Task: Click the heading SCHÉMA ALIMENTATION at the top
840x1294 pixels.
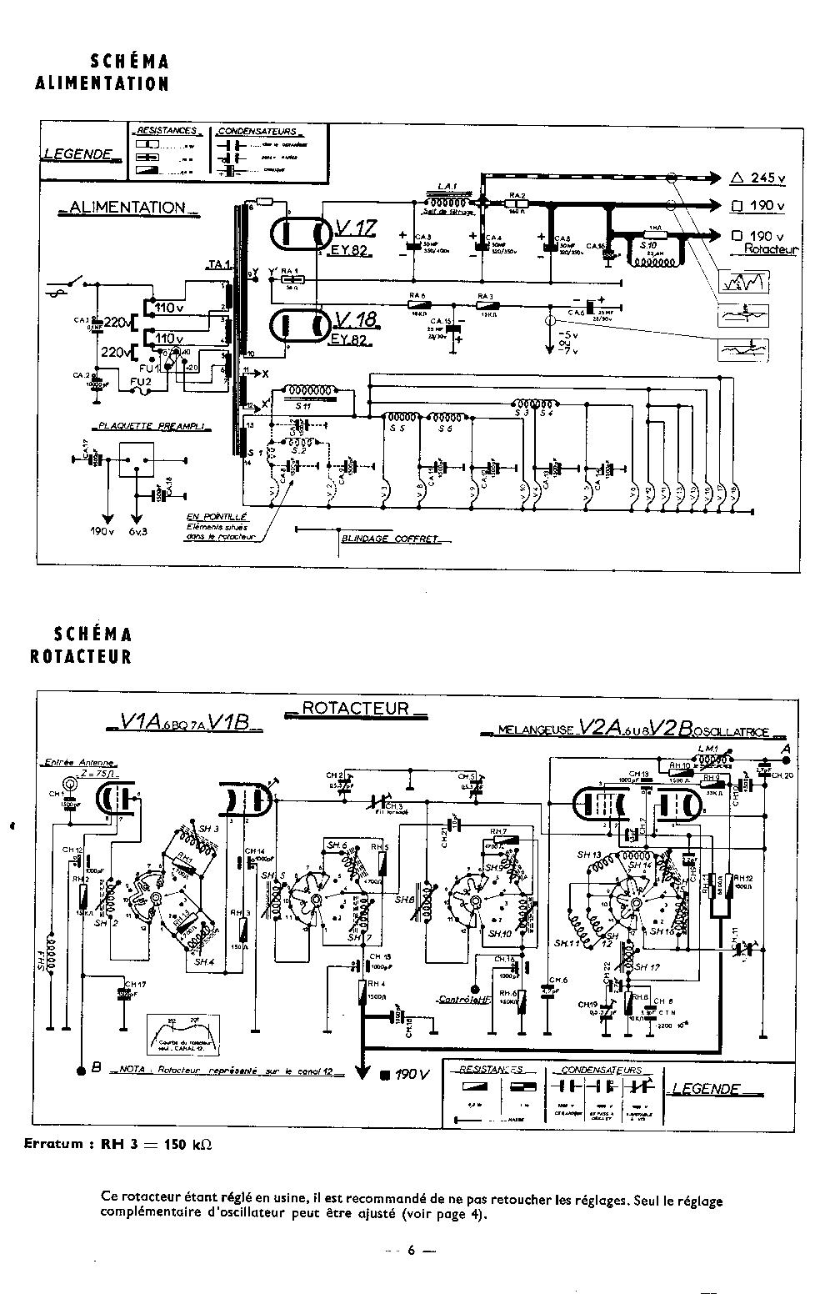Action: (102, 73)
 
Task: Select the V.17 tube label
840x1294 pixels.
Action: (357, 228)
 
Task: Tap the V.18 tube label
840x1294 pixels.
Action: (357, 320)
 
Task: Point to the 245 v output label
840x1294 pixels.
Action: (757, 178)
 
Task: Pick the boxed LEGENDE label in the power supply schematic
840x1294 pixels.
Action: (78, 154)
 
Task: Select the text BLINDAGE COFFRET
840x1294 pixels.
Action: (390, 539)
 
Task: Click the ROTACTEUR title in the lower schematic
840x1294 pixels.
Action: (355, 709)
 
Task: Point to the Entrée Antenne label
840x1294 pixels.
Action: (80, 762)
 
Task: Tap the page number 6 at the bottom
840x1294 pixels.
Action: (411, 1251)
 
